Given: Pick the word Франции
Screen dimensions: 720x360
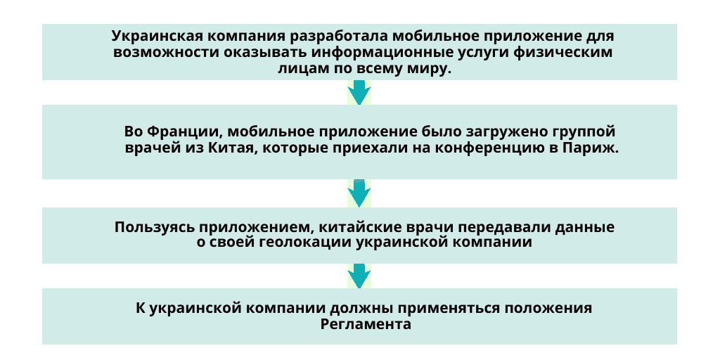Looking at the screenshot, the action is click(x=186, y=132).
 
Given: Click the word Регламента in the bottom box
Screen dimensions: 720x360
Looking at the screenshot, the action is click(x=366, y=324).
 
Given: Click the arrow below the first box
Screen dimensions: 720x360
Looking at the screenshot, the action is click(x=359, y=93).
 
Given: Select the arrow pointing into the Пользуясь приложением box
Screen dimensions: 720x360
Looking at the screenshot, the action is click(x=359, y=193).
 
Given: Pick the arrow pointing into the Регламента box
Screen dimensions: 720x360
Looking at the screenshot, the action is click(x=359, y=276).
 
